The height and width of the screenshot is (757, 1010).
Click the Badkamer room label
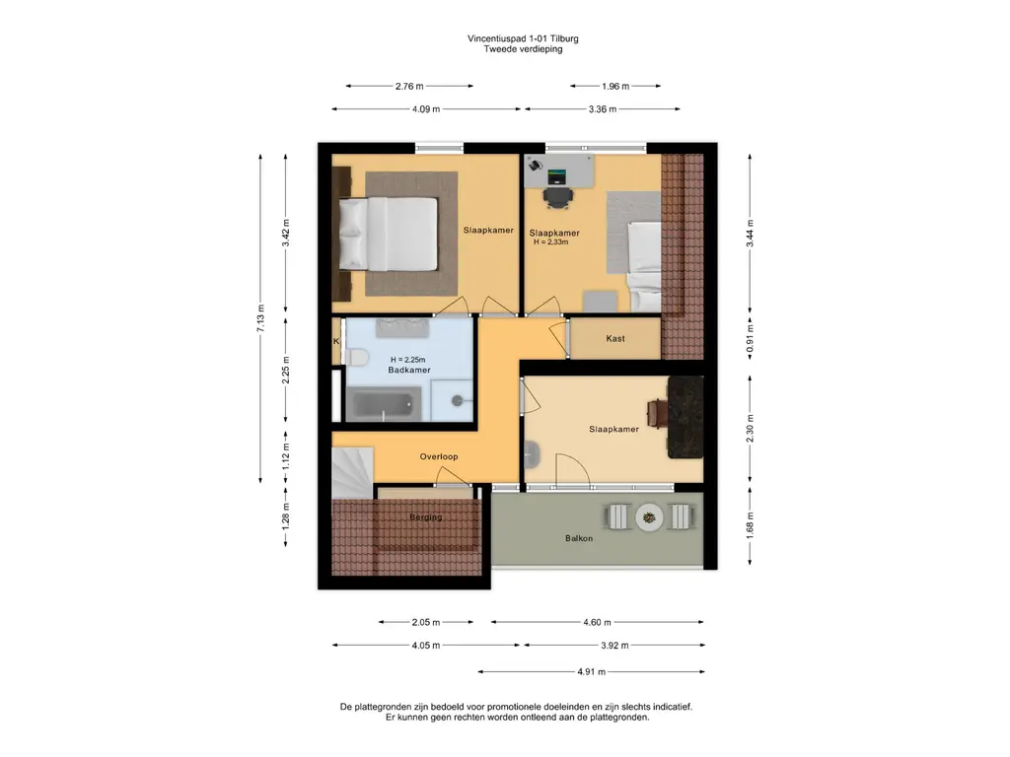(409, 371)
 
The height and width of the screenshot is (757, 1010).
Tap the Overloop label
(439, 457)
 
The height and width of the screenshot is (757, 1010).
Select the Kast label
(615, 339)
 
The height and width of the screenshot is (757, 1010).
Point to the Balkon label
(578, 538)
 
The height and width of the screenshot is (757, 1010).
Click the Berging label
(426, 516)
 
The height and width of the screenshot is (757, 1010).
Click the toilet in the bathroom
(356, 357)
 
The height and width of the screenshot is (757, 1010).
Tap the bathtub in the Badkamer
(384, 403)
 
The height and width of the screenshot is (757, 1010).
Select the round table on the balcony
(649, 516)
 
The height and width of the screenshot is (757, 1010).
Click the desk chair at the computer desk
(557, 197)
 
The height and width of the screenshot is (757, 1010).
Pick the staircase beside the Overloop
(352, 472)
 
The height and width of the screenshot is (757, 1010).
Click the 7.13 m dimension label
(260, 318)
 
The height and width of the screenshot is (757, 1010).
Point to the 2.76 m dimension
(409, 87)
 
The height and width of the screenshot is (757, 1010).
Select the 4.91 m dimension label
(592, 672)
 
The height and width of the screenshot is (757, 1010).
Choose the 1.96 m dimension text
(615, 87)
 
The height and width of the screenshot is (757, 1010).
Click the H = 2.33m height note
(550, 242)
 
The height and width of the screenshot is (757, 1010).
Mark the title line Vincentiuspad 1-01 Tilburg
(523, 38)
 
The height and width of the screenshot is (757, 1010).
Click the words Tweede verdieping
(523, 49)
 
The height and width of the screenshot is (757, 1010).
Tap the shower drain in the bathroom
(458, 400)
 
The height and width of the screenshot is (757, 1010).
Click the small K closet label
(336, 341)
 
